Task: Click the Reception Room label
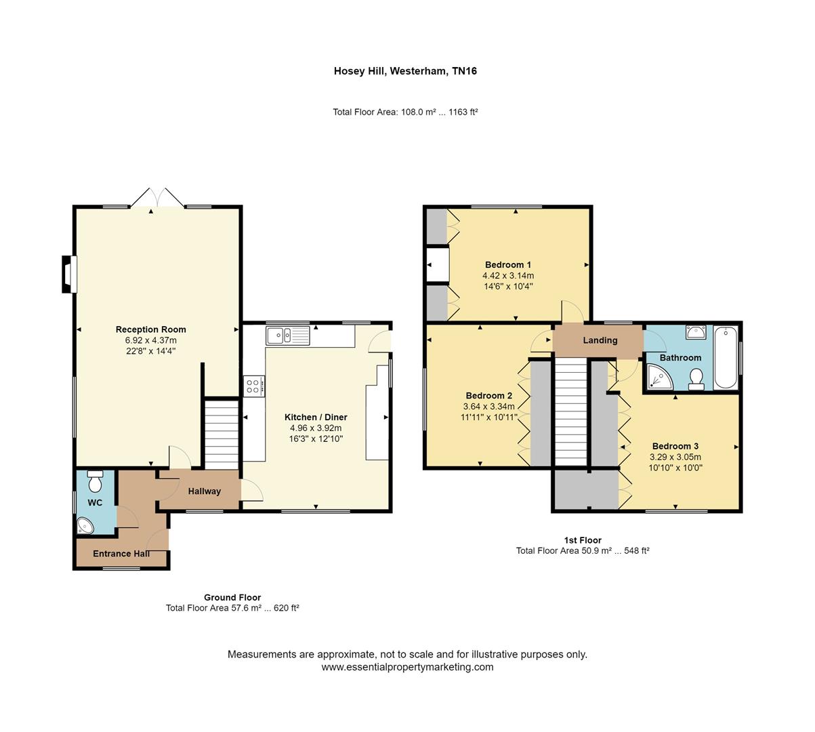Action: pyautogui.click(x=150, y=329)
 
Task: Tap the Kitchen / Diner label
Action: pyautogui.click(x=316, y=417)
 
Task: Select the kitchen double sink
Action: pyautogui.click(x=288, y=334)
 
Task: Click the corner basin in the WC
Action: pyautogui.click(x=85, y=525)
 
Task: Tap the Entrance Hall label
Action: pyautogui.click(x=121, y=554)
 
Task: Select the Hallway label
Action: pyautogui.click(x=205, y=491)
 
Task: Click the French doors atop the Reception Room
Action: pyautogui.click(x=157, y=198)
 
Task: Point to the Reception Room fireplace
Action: pyautogui.click(x=68, y=274)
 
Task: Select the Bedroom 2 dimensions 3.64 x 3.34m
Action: pyautogui.click(x=489, y=407)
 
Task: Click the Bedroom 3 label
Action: pyautogui.click(x=675, y=446)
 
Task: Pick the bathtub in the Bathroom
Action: pyautogui.click(x=725, y=357)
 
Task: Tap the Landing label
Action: pyautogui.click(x=600, y=340)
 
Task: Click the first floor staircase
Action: pyautogui.click(x=570, y=412)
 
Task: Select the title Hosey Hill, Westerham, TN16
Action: pyautogui.click(x=405, y=70)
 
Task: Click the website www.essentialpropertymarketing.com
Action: pyautogui.click(x=407, y=667)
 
